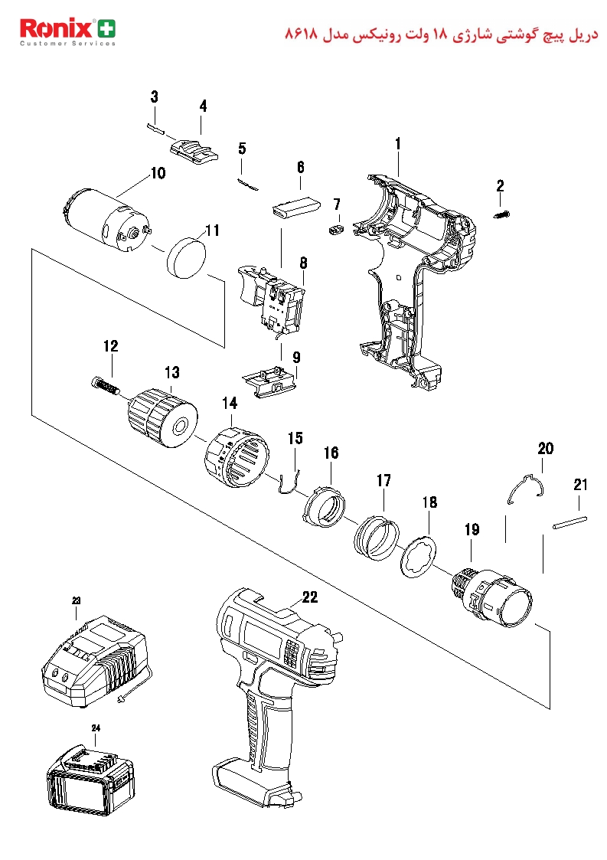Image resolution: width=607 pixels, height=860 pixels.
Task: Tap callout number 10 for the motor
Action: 158,173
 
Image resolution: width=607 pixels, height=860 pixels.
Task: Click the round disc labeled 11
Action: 187,257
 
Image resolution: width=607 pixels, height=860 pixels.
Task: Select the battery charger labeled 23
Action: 93,662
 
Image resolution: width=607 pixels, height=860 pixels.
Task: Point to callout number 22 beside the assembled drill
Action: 310,597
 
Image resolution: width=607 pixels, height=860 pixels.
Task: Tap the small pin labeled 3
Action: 155,128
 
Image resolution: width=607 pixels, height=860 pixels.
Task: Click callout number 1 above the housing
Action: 398,144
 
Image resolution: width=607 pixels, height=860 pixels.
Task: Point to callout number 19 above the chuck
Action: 472,530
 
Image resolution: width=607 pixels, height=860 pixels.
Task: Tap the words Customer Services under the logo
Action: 68,44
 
